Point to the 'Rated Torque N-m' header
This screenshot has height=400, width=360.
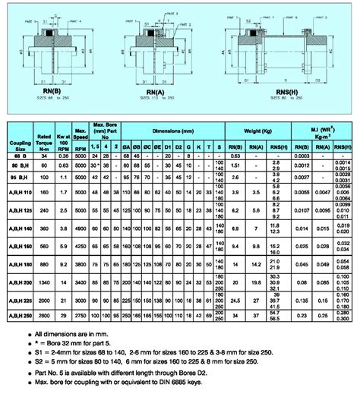[45, 141]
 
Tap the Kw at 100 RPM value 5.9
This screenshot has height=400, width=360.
[65, 246]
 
